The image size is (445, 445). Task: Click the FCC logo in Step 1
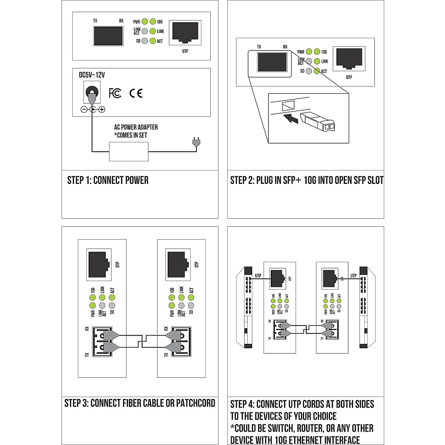(x=115, y=93)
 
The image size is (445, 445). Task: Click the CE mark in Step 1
(x=136, y=93)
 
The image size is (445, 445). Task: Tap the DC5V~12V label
(x=92, y=75)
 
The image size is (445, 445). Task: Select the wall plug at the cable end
(x=196, y=143)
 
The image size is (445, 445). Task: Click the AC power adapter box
(x=129, y=152)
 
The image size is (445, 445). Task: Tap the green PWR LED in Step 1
(x=145, y=22)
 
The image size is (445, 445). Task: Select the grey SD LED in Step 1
(x=145, y=41)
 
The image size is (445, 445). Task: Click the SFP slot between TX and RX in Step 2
(x=272, y=62)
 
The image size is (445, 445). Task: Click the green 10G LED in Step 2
(x=317, y=52)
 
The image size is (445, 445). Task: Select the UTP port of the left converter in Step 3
(x=99, y=264)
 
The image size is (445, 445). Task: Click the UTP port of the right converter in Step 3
(x=178, y=264)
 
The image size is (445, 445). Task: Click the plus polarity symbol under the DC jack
(x=102, y=109)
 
